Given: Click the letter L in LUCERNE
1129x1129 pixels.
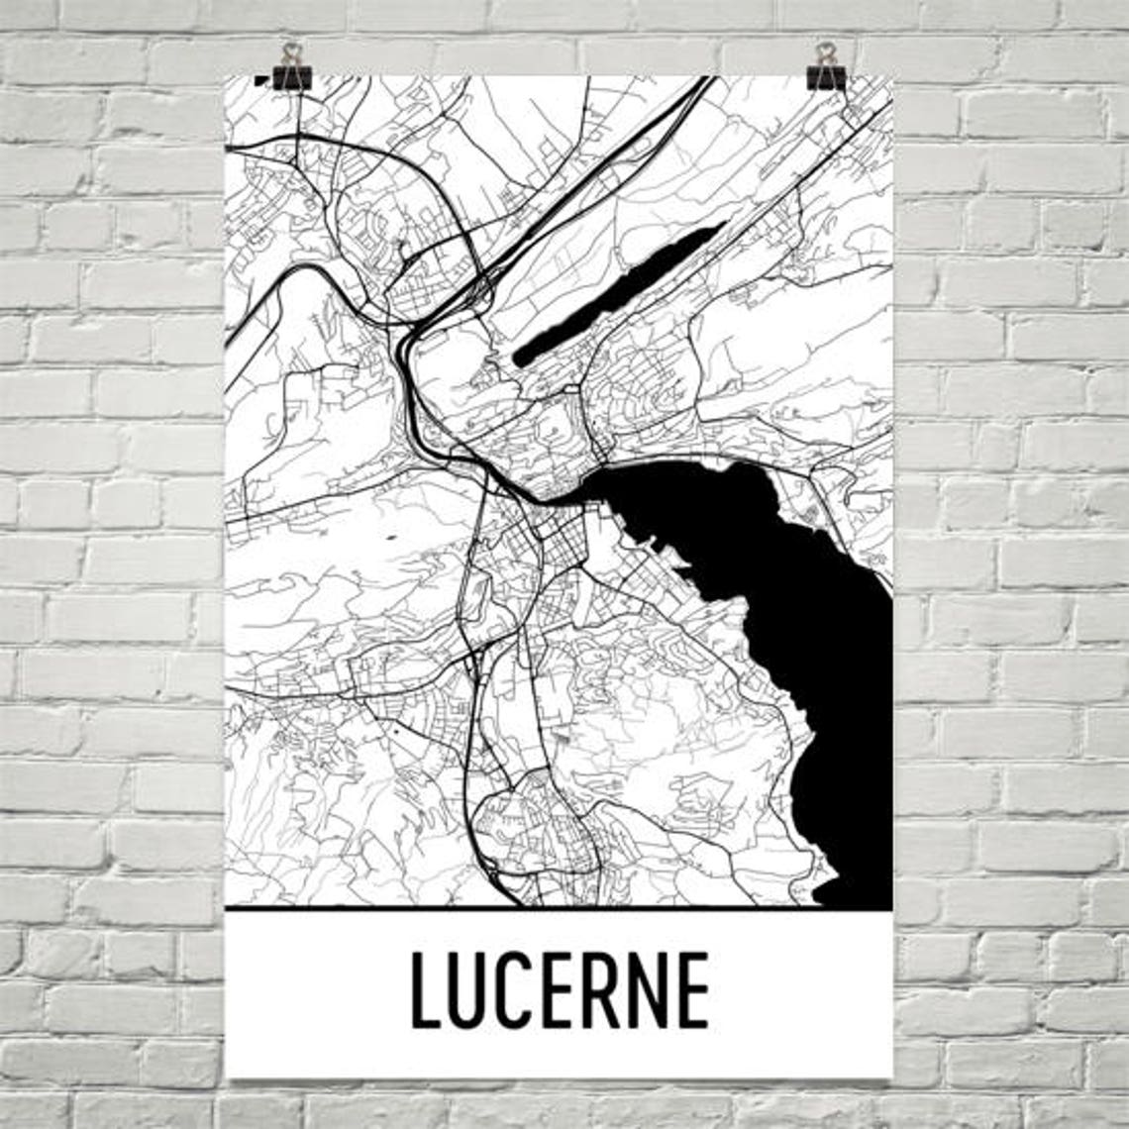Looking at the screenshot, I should point(429,989).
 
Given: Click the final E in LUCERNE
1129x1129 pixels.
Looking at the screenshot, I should point(691,989).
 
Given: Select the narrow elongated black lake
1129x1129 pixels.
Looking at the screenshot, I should point(619,293).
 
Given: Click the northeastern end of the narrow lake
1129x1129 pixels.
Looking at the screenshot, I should point(722,226).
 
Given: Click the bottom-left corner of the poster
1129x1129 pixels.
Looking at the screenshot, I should point(227,1077).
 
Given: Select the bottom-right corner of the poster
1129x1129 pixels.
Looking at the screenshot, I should point(891,1077).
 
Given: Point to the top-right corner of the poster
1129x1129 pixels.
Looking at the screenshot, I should point(891,76).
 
